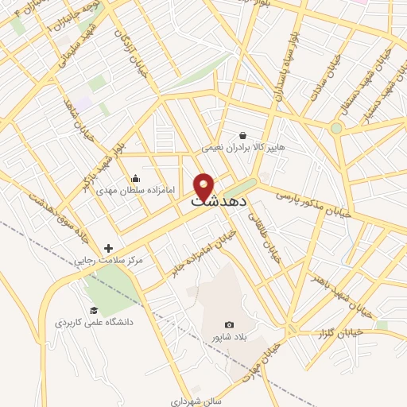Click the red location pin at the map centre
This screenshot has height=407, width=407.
tap(203, 185)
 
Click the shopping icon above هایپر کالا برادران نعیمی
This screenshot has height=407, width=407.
tap(242, 135)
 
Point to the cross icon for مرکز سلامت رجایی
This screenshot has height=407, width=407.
tap(109, 248)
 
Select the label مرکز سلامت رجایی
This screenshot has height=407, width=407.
tap(108, 261)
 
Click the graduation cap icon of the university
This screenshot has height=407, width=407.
tap(94, 310)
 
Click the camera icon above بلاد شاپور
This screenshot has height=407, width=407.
tap(230, 324)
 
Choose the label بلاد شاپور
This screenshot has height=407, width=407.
tap(224, 338)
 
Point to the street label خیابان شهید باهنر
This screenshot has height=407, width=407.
tap(328, 291)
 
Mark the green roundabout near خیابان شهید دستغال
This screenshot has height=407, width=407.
tap(336, 127)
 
